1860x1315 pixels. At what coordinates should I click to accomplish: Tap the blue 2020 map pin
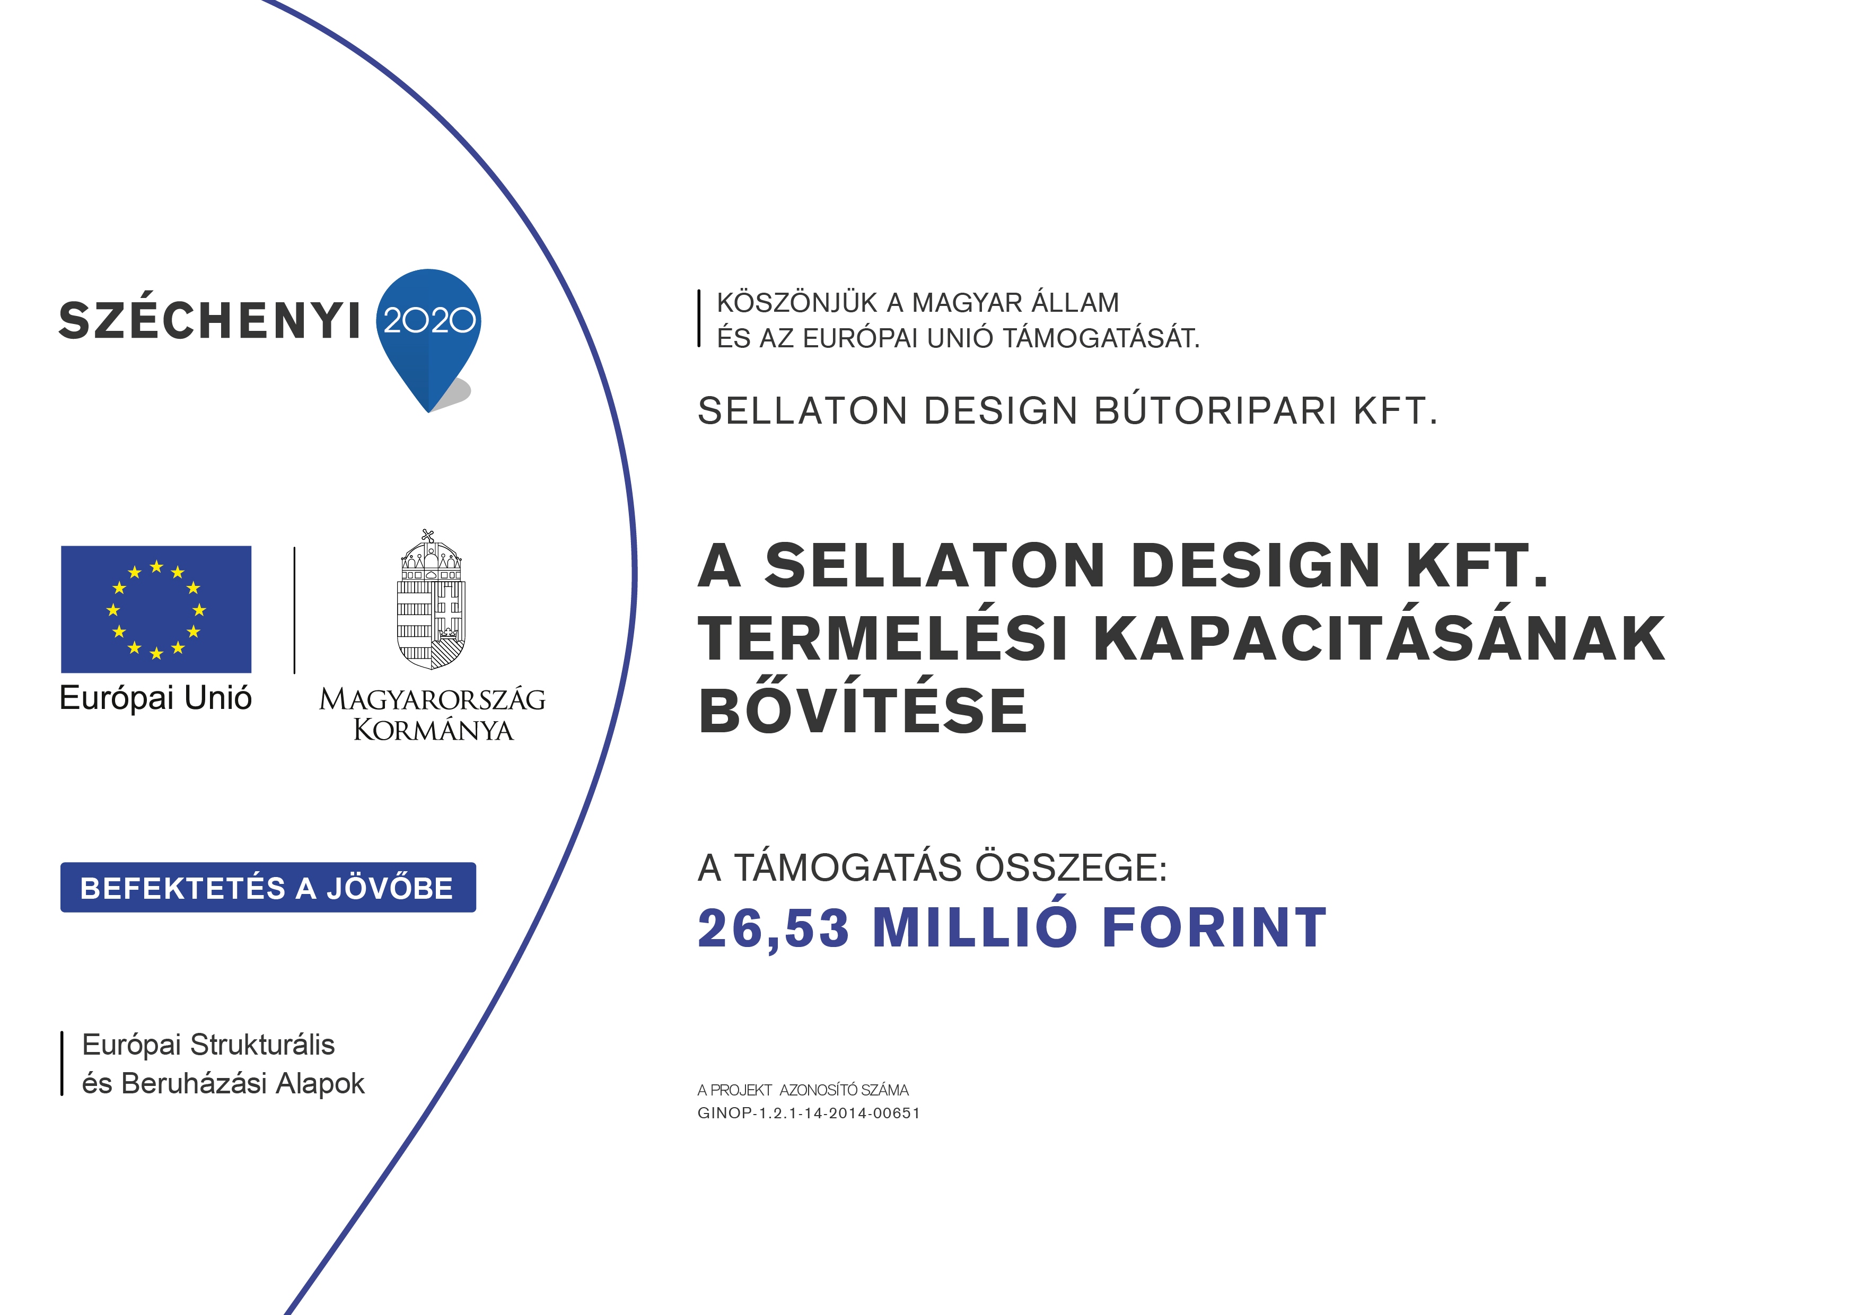coord(428,332)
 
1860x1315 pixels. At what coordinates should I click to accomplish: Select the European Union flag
coord(156,609)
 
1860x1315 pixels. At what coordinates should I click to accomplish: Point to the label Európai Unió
coord(155,698)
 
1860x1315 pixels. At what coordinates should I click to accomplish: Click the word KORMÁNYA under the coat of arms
coord(433,730)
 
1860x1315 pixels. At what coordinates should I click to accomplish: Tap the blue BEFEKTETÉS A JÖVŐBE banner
coord(268,887)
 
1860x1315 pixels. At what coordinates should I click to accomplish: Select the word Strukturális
coord(262,1045)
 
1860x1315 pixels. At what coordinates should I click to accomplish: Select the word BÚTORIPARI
coord(1216,411)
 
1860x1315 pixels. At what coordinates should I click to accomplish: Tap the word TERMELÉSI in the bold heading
coord(883,638)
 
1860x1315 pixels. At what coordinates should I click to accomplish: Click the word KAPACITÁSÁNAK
coord(1379,638)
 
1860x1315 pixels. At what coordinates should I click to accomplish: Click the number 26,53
coord(774,928)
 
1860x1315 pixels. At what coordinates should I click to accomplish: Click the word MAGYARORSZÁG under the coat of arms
coord(433,699)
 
